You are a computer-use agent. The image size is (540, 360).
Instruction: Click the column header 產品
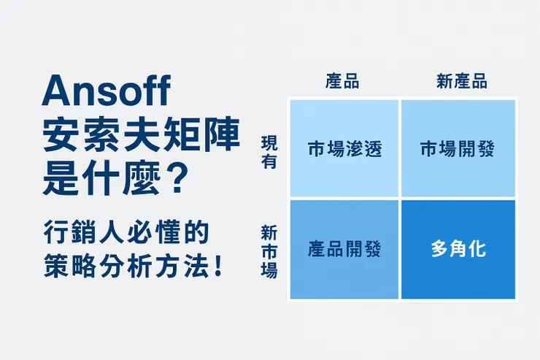click(x=342, y=82)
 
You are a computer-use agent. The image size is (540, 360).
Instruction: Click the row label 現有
click(x=269, y=152)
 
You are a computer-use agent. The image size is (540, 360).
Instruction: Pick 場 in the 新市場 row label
click(x=269, y=269)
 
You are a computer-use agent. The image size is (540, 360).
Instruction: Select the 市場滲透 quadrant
click(x=344, y=149)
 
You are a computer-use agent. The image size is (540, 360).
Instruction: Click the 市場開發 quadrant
click(x=458, y=149)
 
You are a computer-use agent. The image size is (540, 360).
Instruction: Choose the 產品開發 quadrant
click(x=344, y=249)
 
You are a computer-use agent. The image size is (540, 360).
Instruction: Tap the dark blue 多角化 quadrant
click(x=458, y=249)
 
